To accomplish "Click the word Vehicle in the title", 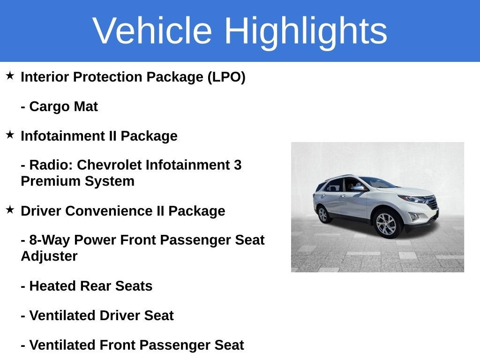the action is (x=152, y=30).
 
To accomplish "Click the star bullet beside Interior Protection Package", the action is (x=10, y=75).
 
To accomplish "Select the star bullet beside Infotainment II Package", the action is (x=10, y=135).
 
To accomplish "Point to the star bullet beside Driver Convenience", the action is (x=10, y=210).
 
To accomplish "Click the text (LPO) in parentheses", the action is (x=226, y=77).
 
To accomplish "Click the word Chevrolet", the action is (x=109, y=165).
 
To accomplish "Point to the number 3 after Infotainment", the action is (x=238, y=165).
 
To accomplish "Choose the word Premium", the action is (x=51, y=181).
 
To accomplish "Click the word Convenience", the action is (x=109, y=211).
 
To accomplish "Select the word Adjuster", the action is (x=49, y=256).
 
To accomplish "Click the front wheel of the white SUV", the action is (x=386, y=225).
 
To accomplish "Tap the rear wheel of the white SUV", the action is (x=323, y=214).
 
